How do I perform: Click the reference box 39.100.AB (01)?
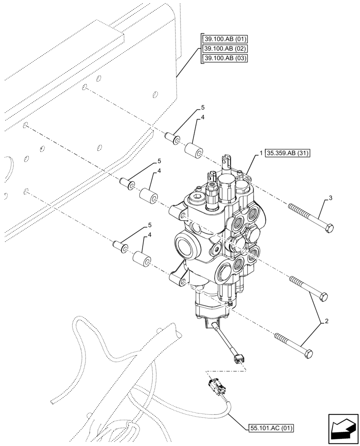(x=225, y=38)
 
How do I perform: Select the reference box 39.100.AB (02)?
(x=225, y=48)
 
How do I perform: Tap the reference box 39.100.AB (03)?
(x=225, y=58)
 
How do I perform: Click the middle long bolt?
(x=309, y=288)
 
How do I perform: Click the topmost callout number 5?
(x=203, y=108)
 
